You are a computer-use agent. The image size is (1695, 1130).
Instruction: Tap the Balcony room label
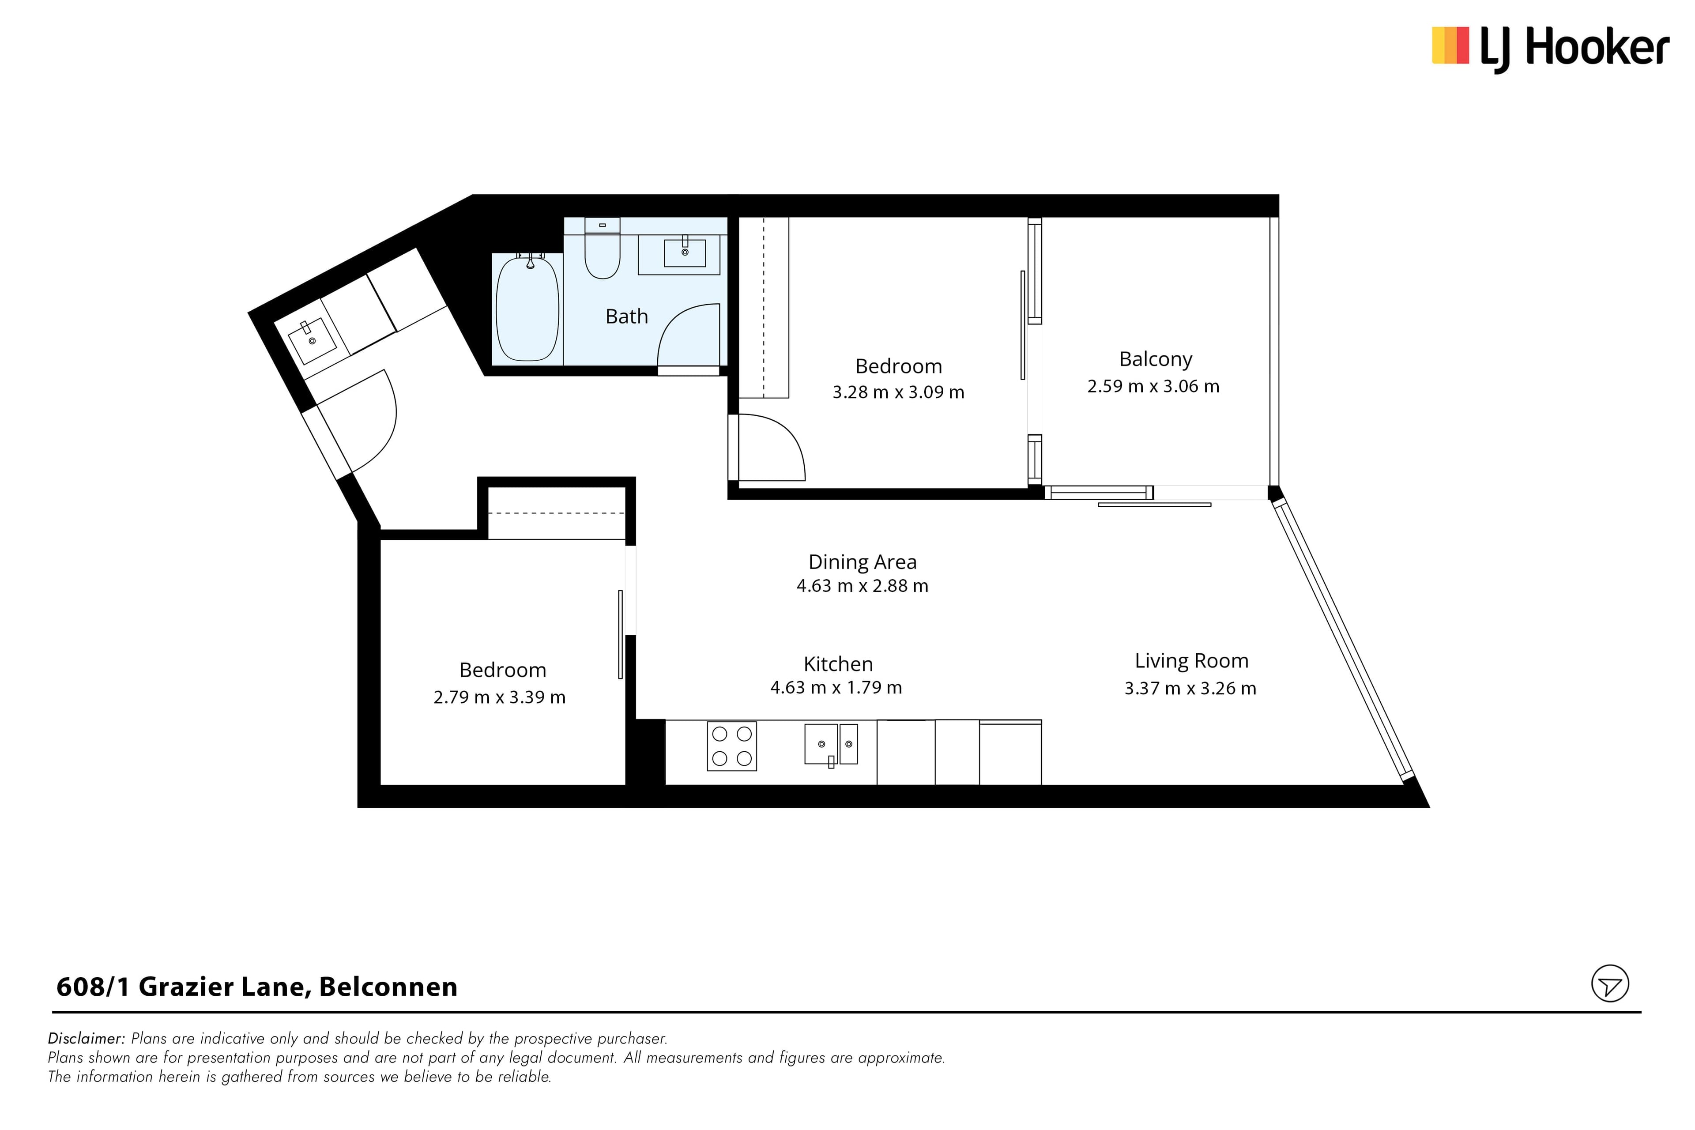click(1155, 359)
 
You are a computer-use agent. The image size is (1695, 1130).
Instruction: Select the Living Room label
click(1191, 661)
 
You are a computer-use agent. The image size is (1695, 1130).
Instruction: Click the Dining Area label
click(862, 561)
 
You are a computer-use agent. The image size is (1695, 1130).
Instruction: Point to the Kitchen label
click(838, 664)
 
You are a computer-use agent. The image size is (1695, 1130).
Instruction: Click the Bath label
click(626, 316)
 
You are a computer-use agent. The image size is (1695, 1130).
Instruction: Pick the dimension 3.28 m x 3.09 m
click(898, 392)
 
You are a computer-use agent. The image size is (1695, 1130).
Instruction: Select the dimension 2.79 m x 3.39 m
click(499, 697)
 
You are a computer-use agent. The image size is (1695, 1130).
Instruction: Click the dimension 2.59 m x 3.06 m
click(1153, 386)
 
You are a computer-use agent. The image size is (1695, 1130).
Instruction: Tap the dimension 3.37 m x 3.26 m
click(1190, 688)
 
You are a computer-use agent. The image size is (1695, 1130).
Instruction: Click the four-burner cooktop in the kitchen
click(731, 746)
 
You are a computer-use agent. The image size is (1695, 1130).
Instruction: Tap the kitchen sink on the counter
click(831, 745)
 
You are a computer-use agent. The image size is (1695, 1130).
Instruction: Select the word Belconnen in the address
click(388, 987)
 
